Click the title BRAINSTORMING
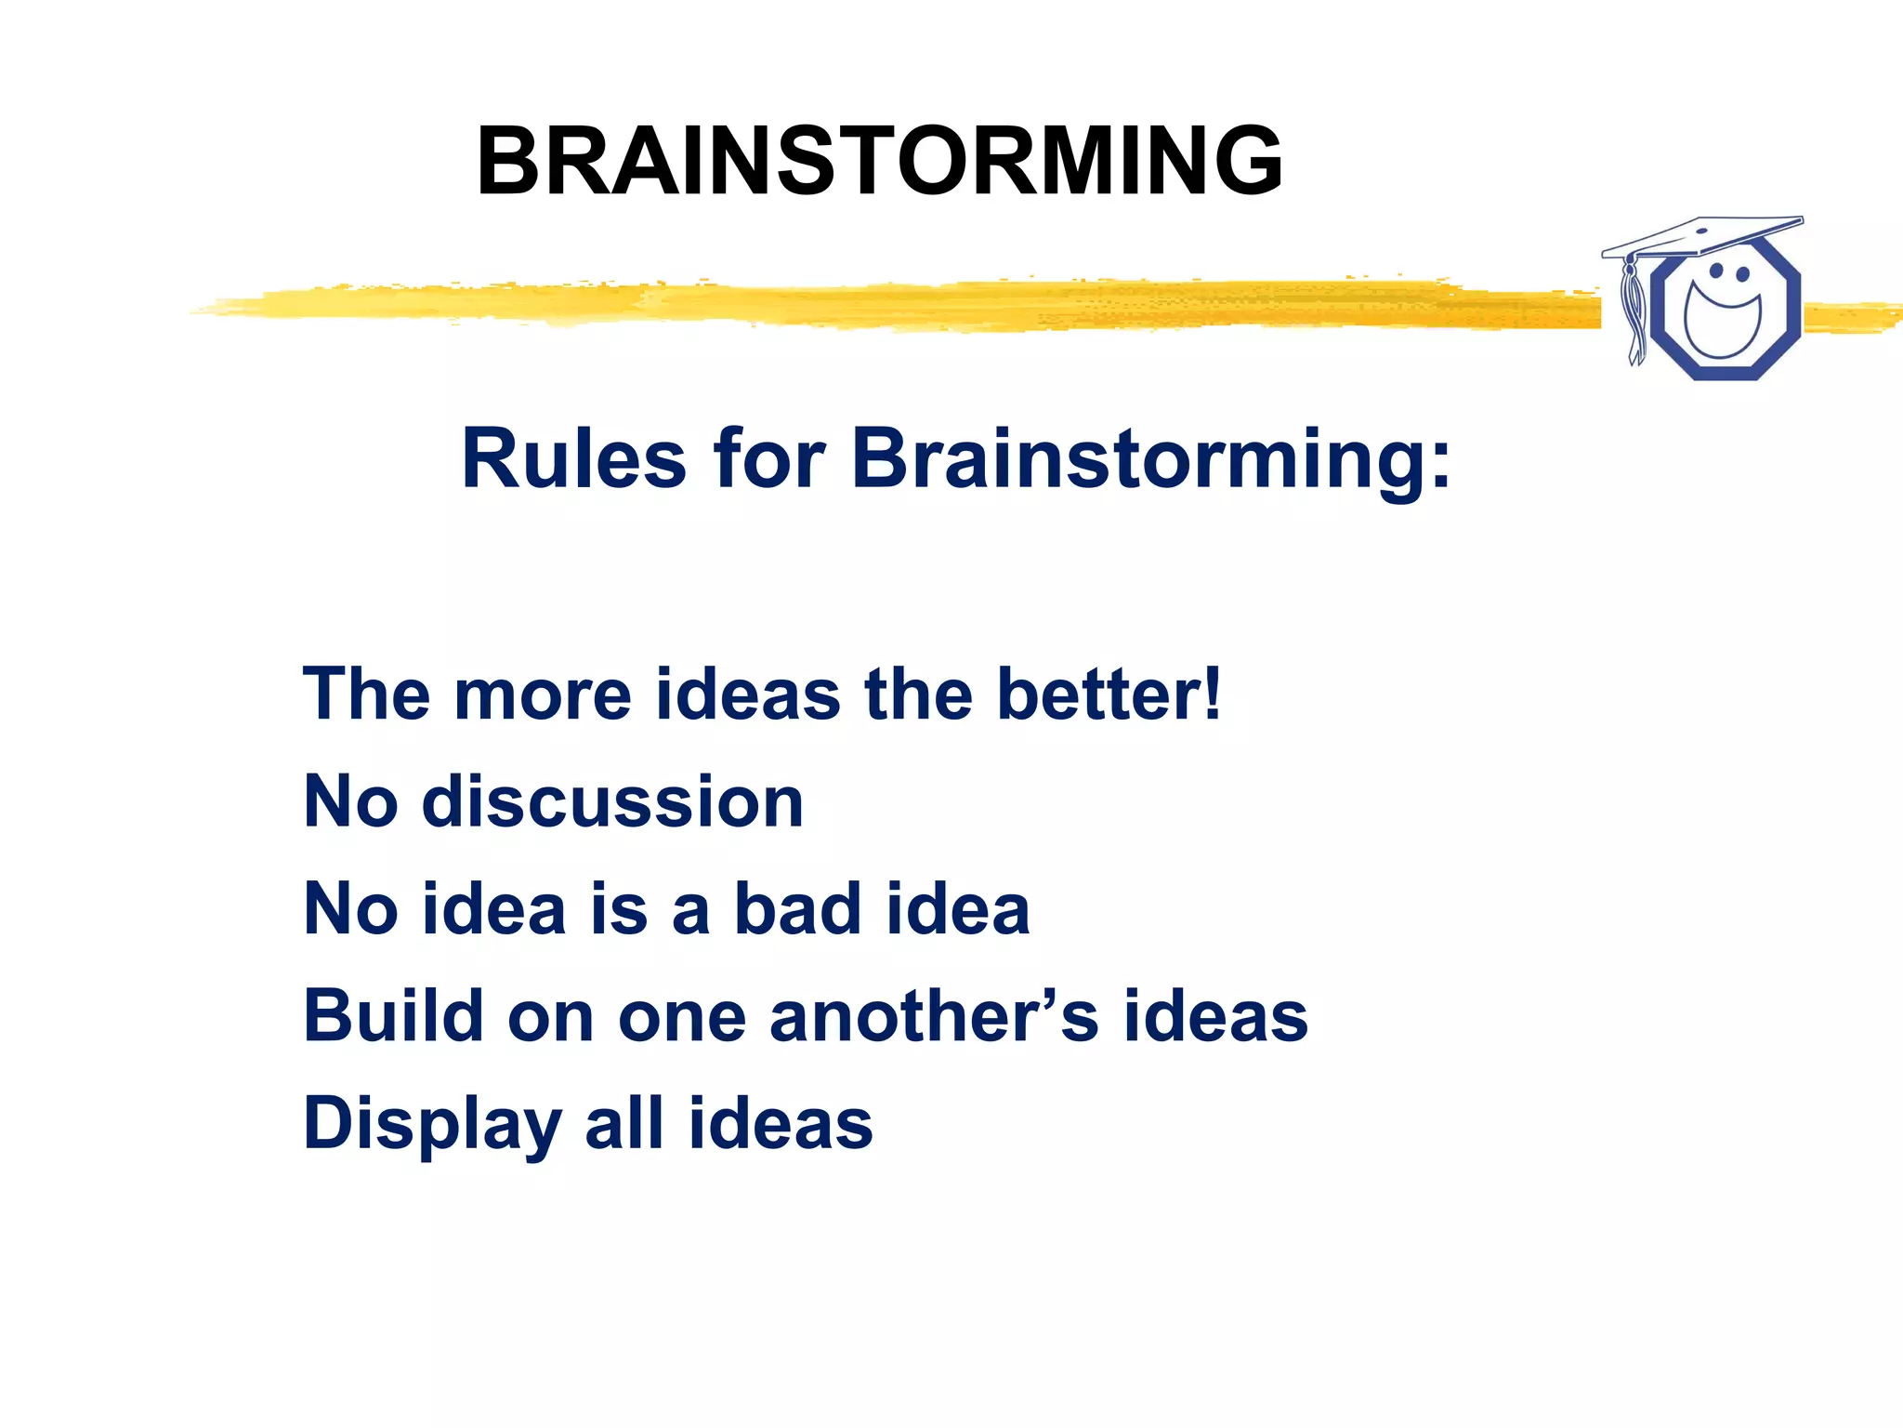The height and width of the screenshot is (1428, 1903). click(x=879, y=162)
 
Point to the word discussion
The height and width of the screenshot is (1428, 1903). click(x=612, y=801)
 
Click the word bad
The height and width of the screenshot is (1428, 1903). click(x=797, y=908)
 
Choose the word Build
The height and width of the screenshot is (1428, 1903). click(x=394, y=1015)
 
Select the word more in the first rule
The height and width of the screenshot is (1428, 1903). click(x=543, y=695)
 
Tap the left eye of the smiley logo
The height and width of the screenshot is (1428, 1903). click(x=1716, y=271)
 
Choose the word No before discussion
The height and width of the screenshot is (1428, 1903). click(x=350, y=801)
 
